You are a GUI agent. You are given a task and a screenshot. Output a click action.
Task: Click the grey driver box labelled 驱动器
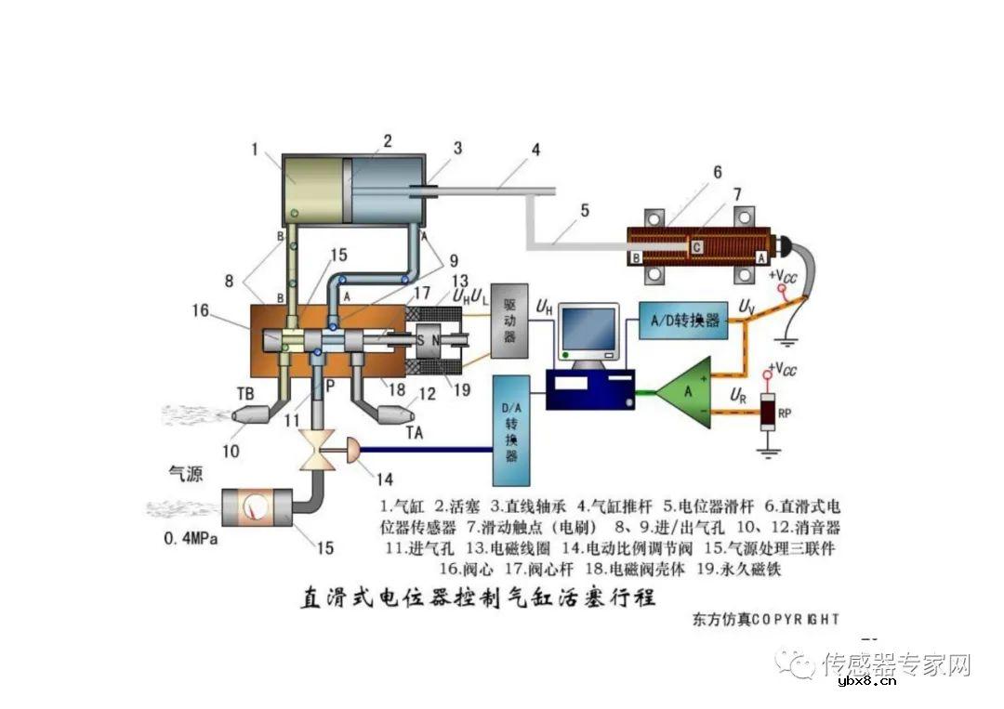point(509,320)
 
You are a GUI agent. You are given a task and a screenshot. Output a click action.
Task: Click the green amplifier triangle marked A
point(688,392)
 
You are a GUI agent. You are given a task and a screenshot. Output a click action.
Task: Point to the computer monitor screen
point(588,329)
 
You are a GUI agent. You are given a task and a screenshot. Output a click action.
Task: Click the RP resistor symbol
point(768,412)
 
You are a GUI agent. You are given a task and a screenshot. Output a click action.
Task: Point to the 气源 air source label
point(184,471)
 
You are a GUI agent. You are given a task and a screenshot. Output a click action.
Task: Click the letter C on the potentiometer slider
point(694,246)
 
